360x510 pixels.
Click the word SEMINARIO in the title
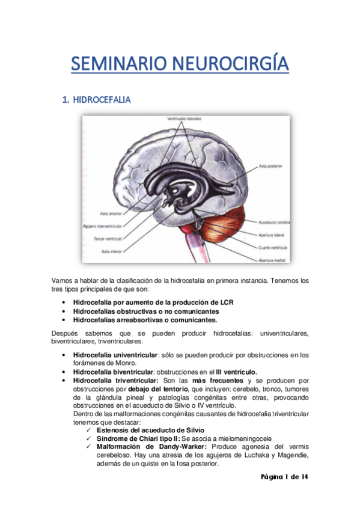(117, 64)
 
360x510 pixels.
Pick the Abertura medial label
(270, 260)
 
